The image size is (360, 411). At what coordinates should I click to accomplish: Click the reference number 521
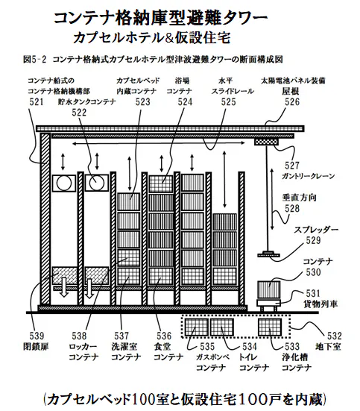pyautogui.click(x=37, y=101)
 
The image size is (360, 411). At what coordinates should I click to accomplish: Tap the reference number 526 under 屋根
pyautogui.click(x=292, y=101)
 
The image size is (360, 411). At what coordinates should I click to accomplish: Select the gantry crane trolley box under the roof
pyautogui.click(x=266, y=142)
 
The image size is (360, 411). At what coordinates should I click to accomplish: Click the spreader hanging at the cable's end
pyautogui.click(x=268, y=254)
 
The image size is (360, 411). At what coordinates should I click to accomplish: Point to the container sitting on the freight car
pyautogui.click(x=269, y=290)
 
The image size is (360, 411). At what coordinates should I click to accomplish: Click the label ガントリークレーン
pyautogui.click(x=308, y=176)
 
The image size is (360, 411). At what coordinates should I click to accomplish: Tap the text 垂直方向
pyautogui.click(x=299, y=198)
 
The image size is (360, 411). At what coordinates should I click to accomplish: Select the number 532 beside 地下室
pyautogui.click(x=335, y=336)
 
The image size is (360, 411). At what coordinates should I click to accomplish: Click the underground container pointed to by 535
pyautogui.click(x=196, y=327)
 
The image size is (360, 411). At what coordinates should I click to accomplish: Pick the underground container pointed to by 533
pyautogui.click(x=270, y=327)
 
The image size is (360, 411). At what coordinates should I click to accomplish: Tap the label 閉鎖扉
pyautogui.click(x=37, y=347)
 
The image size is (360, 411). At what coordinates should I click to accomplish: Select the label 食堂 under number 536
pyautogui.click(x=162, y=347)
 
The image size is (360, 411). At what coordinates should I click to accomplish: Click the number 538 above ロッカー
pyautogui.click(x=79, y=336)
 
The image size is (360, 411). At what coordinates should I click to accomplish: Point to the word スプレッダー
pyautogui.click(x=316, y=230)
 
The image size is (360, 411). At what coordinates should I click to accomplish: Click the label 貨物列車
pyautogui.click(x=320, y=304)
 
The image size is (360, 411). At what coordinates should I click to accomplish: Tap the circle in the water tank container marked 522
pyautogui.click(x=96, y=183)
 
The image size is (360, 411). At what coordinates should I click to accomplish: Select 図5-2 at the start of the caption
pyautogui.click(x=34, y=60)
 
